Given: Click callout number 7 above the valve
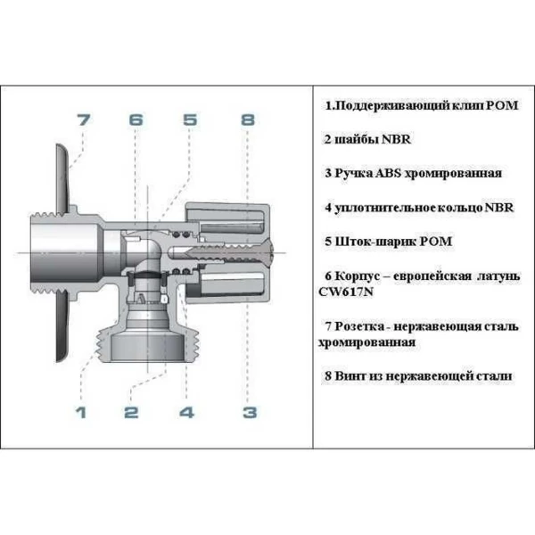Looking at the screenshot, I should [x=83, y=119].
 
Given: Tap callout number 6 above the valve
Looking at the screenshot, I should [x=136, y=119].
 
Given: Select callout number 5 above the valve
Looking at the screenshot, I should [x=189, y=119].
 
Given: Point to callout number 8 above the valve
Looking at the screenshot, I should [x=248, y=119].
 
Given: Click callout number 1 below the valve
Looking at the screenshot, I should [x=80, y=412].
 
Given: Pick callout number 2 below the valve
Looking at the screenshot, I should [x=131, y=412].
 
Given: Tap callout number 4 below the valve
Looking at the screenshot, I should [x=186, y=412].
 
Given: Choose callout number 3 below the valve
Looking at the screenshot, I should [x=250, y=412].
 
